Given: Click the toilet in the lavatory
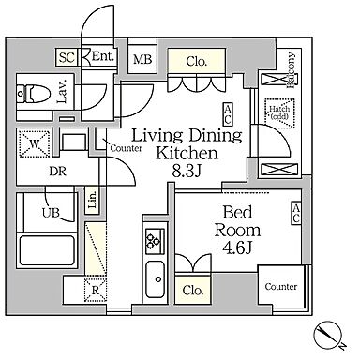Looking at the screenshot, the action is click(x=34, y=93).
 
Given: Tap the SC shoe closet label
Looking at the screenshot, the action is click(x=67, y=57).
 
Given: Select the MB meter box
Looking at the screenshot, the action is click(x=142, y=59).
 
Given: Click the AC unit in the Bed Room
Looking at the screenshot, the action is click(x=295, y=213).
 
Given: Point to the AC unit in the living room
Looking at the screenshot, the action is click(x=228, y=114).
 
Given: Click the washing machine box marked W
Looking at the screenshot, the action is click(x=35, y=143).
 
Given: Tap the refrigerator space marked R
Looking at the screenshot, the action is click(x=96, y=291).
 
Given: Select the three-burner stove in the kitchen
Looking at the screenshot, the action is click(x=155, y=241).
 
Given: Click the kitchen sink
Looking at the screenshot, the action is click(x=156, y=279).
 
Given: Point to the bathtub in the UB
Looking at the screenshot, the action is click(x=47, y=250).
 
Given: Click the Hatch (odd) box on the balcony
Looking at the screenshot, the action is click(x=279, y=113).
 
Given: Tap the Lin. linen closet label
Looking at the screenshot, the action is click(x=92, y=200).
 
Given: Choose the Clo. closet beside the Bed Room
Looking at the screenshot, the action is click(x=194, y=289).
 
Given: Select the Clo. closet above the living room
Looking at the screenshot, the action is click(x=197, y=61).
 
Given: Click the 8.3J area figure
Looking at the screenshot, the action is click(x=187, y=172).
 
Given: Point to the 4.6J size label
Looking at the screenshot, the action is click(x=237, y=248).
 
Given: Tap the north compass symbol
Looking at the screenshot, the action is click(x=328, y=336).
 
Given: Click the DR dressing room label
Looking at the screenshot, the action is click(x=58, y=171).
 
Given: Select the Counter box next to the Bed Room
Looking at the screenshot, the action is click(x=280, y=285).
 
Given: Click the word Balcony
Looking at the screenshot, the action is click(x=291, y=70).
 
